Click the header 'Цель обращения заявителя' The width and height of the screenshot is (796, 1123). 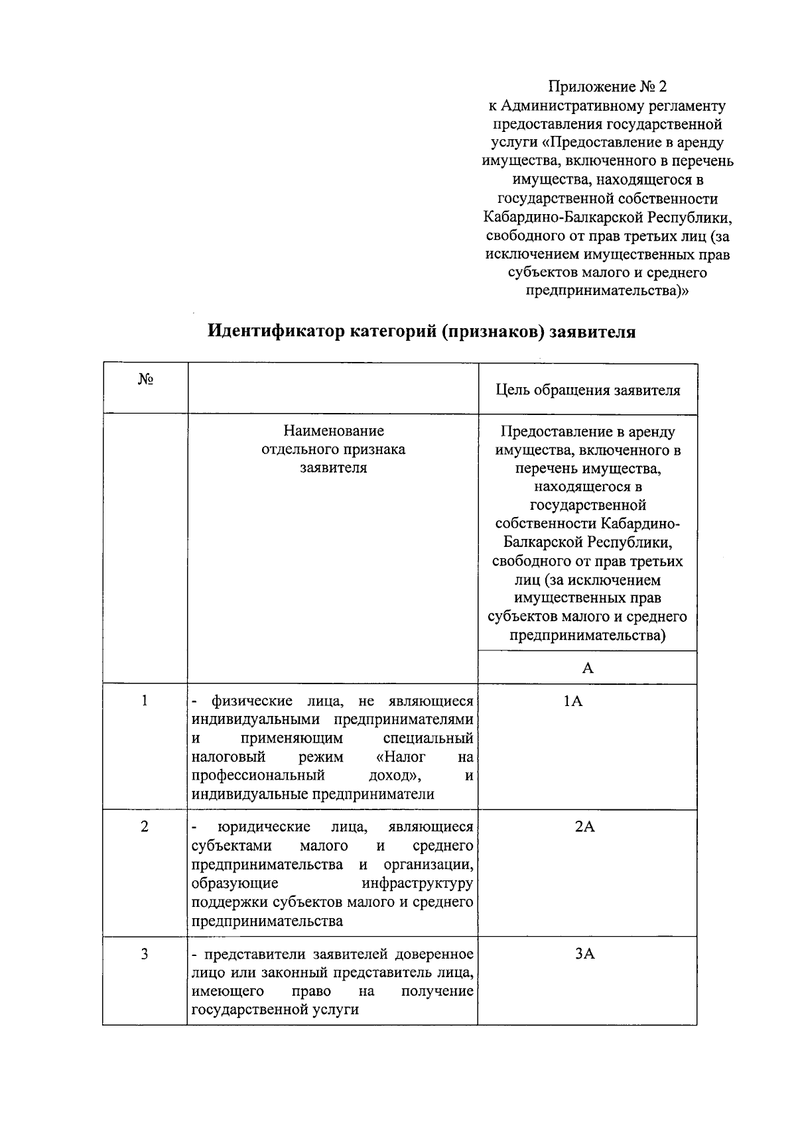pos(588,390)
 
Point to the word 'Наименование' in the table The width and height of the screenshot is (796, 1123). pos(334,431)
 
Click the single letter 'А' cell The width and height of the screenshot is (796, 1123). pos(588,668)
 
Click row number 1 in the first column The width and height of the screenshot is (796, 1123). pos(145,701)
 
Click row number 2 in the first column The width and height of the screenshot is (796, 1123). pos(145,827)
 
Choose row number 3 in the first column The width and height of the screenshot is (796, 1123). pos(145,954)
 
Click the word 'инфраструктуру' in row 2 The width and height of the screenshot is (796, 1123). pos(417,883)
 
